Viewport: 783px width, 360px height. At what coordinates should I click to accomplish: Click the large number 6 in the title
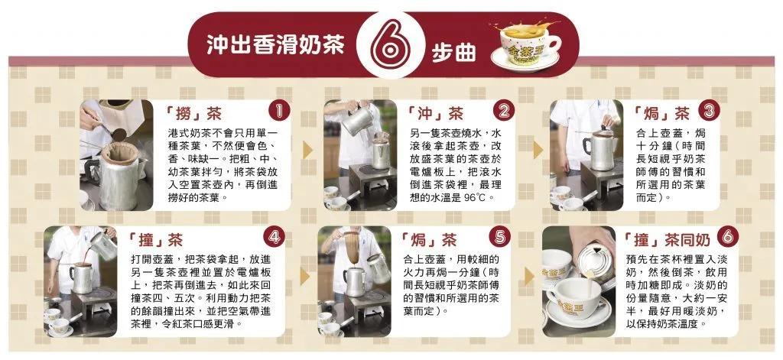(x=391, y=46)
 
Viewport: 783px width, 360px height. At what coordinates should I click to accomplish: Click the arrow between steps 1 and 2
(x=307, y=148)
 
